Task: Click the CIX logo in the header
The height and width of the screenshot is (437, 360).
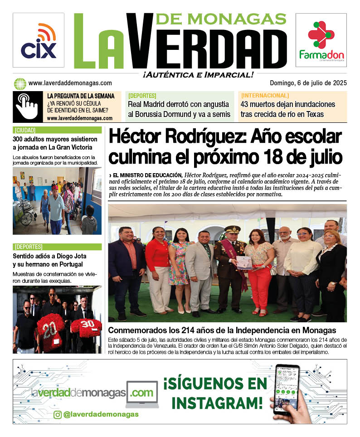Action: click(38, 41)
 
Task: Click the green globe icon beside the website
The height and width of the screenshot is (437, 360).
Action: click(20, 83)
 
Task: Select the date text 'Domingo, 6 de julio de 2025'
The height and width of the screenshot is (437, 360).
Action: click(308, 83)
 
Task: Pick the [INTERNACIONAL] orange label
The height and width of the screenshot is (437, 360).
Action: click(265, 96)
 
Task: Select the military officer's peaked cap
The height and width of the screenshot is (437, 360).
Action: click(232, 229)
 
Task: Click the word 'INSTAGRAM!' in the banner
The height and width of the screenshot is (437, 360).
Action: click(217, 402)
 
